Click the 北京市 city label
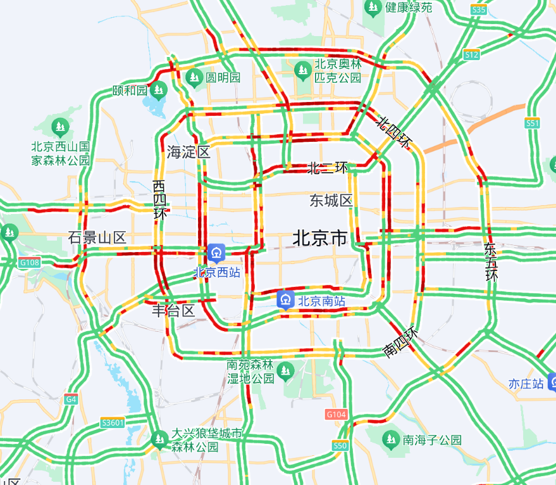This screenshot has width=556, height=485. coord(320,239)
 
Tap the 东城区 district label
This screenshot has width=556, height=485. coord(331,201)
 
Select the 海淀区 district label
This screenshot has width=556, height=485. coord(188,152)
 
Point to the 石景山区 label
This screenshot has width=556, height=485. coord(97,238)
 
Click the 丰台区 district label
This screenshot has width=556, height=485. coord(173,311)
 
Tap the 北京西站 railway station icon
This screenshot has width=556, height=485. coord(217,253)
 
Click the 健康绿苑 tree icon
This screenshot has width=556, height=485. coord(373,8)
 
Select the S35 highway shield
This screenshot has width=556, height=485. coord(479,10)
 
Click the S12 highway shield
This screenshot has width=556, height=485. coord(471,55)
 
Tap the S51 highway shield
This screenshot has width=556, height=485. coord(532,123)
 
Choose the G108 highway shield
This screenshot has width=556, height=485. coord(29,262)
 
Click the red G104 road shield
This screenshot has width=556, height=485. coord(337,414)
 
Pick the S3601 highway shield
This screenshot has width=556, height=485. coord(113,422)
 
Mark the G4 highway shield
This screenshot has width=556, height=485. coord(71,400)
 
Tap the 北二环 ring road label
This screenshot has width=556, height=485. coord(328,168)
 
